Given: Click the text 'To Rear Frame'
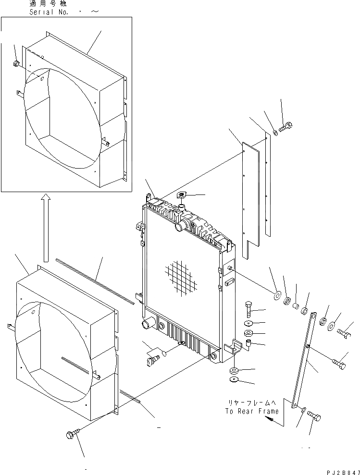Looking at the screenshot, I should [x=251, y=412].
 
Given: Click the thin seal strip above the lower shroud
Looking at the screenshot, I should [x=94, y=281].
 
